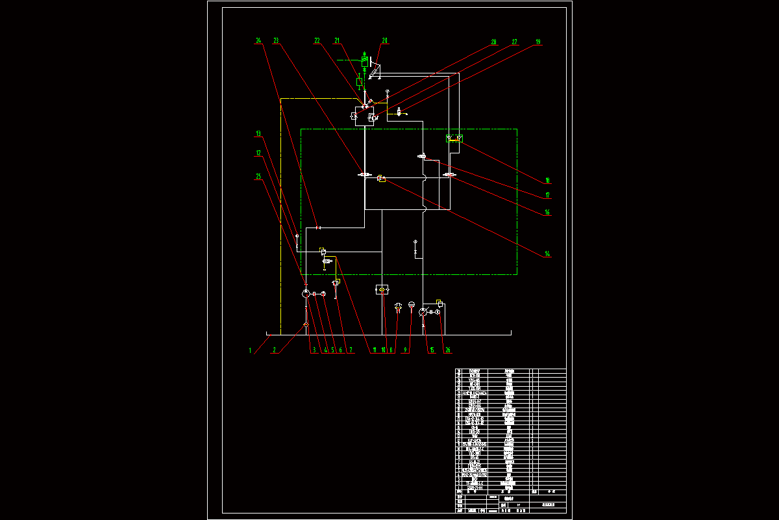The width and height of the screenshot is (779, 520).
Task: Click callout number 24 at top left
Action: point(258,41)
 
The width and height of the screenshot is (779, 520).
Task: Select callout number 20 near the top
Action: point(384,41)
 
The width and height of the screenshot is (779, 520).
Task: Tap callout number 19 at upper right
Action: point(538,42)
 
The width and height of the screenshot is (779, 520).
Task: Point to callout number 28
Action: point(493,42)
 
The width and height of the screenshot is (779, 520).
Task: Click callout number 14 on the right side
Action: point(547,254)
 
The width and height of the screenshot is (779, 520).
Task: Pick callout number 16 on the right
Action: point(547,213)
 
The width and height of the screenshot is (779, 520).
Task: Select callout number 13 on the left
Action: point(258,134)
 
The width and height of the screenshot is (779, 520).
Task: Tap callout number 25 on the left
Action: point(258,176)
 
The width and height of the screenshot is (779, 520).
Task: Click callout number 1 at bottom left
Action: point(250,350)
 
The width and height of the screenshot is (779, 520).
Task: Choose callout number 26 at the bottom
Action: point(447,350)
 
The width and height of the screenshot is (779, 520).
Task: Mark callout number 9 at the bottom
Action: point(406,350)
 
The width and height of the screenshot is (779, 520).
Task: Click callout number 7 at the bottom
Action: point(351,350)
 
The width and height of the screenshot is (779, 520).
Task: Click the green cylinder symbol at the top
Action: point(365,62)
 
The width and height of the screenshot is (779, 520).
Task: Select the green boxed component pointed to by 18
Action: point(454,138)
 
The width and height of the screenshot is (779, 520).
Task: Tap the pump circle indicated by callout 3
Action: point(306,294)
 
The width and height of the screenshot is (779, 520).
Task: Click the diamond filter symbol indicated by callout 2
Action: point(306,324)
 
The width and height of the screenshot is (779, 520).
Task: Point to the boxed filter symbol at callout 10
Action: point(383,289)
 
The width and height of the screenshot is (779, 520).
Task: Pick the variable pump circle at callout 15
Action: point(423,313)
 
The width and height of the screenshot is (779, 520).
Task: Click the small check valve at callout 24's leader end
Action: point(318,227)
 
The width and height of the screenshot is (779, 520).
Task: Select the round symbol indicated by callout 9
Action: point(411,304)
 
